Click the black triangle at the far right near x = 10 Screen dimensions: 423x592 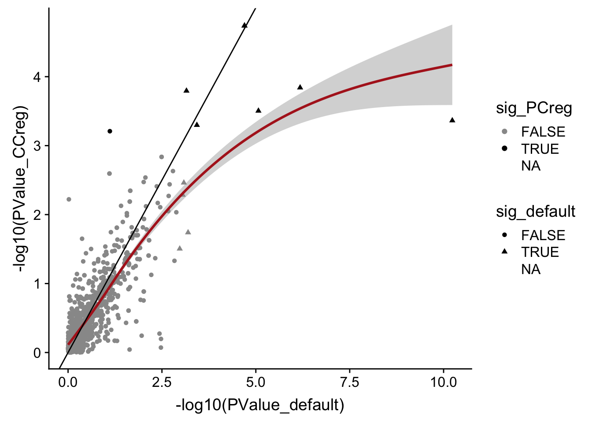coord(452,120)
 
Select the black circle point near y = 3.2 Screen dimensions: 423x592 coord(110,131)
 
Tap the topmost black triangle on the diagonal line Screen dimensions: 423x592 coord(244,25)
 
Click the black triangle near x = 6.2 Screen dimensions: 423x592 coord(300,87)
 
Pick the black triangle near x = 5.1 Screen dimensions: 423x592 coord(259,110)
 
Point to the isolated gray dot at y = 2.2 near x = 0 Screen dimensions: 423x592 coord(69,199)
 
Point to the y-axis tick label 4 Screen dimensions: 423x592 coord(37,77)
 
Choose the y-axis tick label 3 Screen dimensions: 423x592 coord(37,146)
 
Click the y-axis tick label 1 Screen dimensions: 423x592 coord(37,284)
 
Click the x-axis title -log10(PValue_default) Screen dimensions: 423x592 coord(260,404)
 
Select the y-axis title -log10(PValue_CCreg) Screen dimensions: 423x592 coord(21,189)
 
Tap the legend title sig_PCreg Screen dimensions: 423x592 coord(534,108)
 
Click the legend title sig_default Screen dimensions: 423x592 coord(536,211)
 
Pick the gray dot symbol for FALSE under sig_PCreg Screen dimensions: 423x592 coord(504,132)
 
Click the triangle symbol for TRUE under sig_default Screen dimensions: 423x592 coord(504,252)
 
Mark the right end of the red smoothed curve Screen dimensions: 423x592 coord(452,65)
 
